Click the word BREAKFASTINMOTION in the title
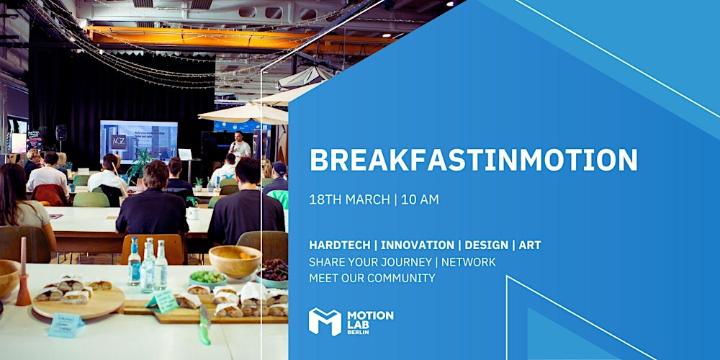pos(473,160)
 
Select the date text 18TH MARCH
pos(348,199)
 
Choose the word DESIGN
pos(485,246)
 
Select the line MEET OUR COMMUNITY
pos(372,277)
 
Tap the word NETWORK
pos(468,261)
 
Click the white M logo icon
pos(324,321)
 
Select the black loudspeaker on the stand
pos(61,133)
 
